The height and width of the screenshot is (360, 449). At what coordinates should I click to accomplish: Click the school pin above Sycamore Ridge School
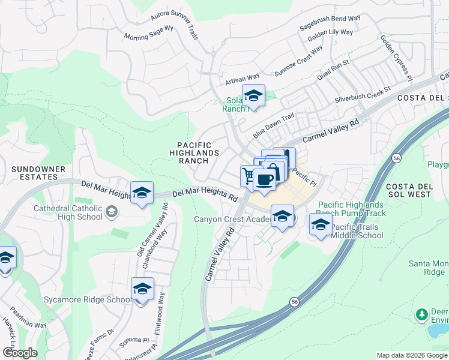coord(142,290)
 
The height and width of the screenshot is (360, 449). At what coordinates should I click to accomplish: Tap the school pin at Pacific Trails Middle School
coord(321,226)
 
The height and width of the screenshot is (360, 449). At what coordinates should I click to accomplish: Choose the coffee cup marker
coord(265,179)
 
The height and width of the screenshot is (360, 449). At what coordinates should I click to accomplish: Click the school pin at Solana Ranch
coord(253,96)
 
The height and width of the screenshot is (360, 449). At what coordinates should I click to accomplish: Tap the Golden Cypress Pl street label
coord(396,58)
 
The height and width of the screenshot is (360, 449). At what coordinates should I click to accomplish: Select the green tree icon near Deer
coord(421,314)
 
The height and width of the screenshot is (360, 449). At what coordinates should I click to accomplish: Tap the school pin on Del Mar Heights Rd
coord(142,193)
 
